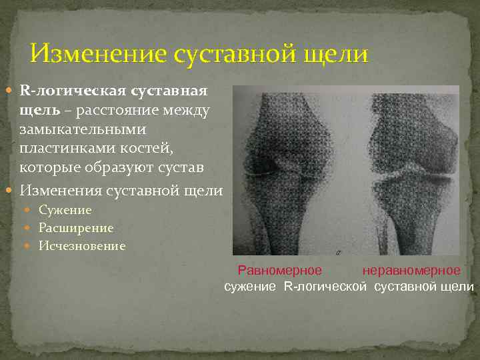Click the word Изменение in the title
pyautogui.click(x=98, y=54)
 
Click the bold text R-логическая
pyautogui.click(x=73, y=90)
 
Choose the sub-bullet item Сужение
pyautogui.click(x=65, y=210)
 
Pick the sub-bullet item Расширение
pyautogui.click(x=76, y=228)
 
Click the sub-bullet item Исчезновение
pyautogui.click(x=81, y=246)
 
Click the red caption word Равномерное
pyautogui.click(x=280, y=271)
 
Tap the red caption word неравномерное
pyautogui.click(x=411, y=271)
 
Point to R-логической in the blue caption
pyautogui.click(x=325, y=287)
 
